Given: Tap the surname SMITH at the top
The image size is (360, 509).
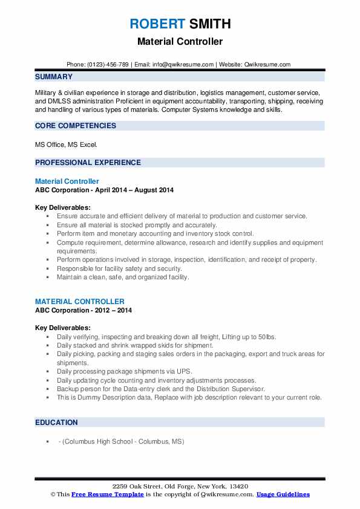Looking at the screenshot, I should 209,24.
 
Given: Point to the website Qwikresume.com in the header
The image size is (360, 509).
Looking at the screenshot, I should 268,64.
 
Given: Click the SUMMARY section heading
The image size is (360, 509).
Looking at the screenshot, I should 54,77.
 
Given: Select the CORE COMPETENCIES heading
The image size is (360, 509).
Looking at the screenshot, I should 76,126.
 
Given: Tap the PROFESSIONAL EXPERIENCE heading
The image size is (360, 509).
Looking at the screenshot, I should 88,163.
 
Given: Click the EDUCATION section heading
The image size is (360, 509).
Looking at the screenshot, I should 56,423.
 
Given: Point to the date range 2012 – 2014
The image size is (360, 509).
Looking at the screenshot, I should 112,310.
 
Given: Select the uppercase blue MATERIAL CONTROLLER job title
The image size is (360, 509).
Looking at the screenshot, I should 80,302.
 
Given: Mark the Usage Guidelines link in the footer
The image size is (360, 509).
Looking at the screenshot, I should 283,494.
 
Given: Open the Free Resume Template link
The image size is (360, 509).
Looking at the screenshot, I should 100,494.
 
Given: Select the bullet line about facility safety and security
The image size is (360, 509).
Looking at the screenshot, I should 119,268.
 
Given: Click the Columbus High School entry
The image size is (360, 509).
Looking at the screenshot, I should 121,441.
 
